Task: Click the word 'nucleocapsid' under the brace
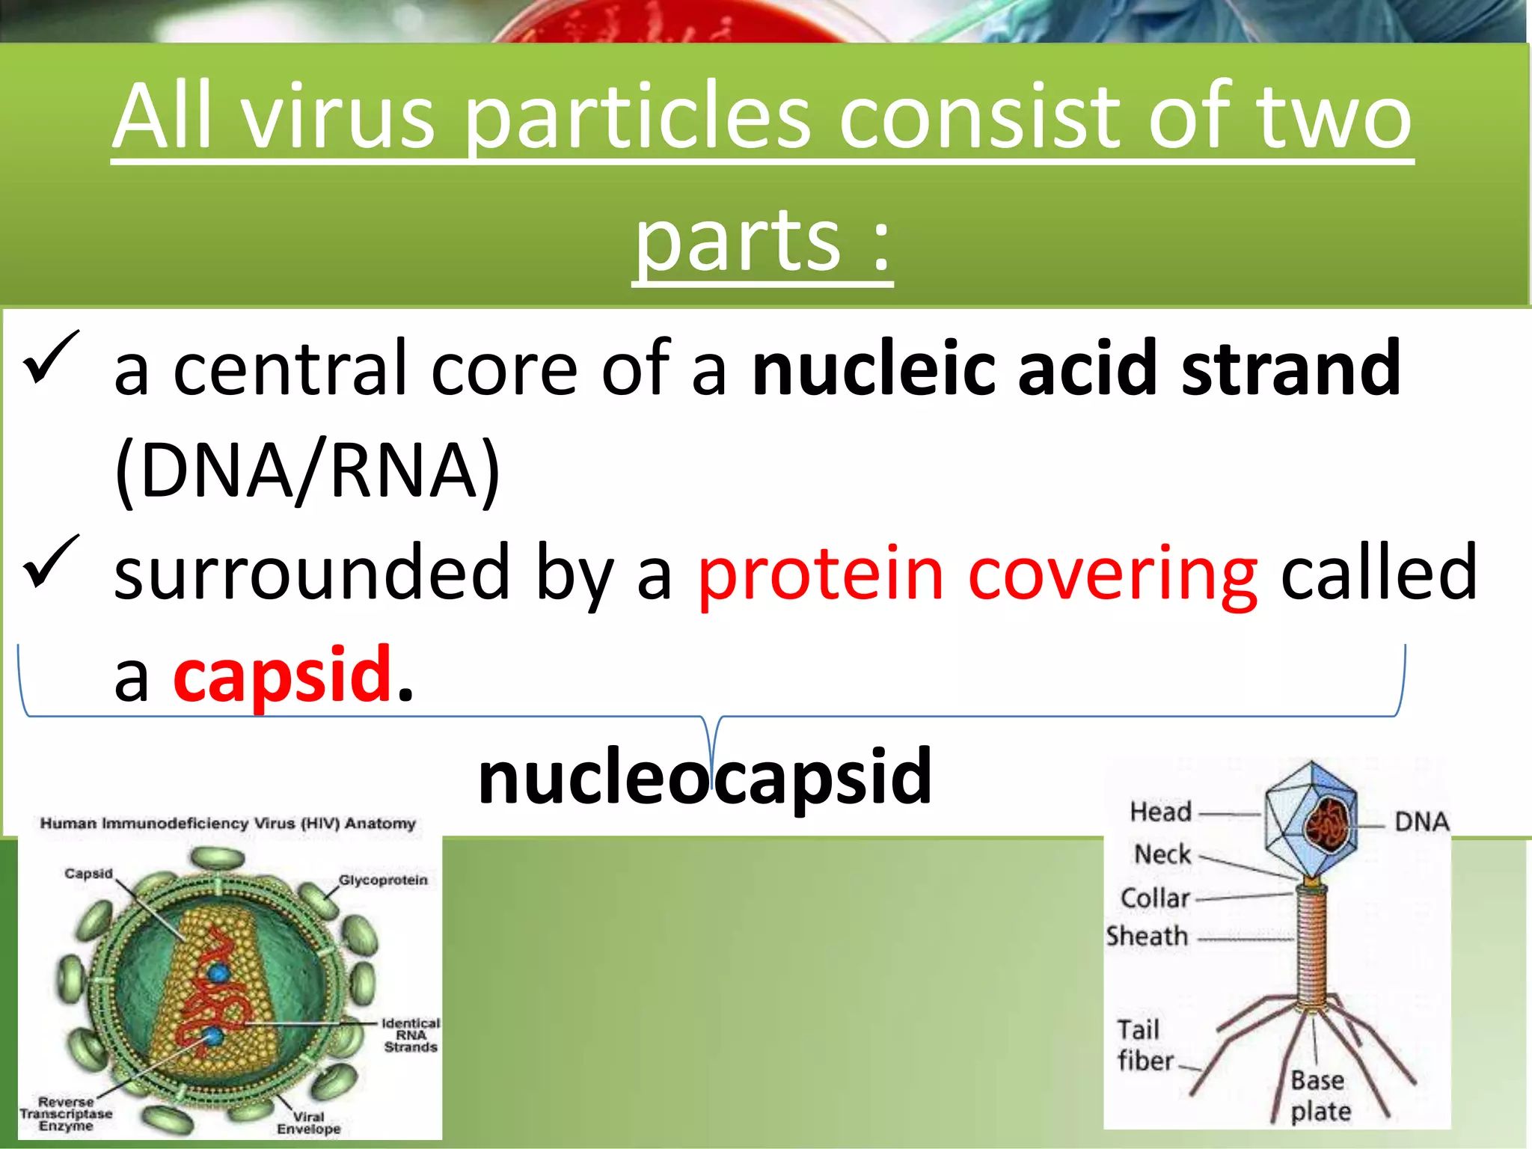click(x=705, y=778)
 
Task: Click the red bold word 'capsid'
click(x=283, y=675)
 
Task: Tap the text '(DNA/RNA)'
click(x=307, y=471)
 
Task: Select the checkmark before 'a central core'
click(x=51, y=358)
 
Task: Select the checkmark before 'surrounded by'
click(x=51, y=563)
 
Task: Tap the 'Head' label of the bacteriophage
click(x=1160, y=812)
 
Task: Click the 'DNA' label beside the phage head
click(x=1421, y=822)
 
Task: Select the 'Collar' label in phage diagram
click(x=1155, y=898)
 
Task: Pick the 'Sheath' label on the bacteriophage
click(x=1147, y=937)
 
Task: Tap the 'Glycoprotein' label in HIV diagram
click(x=383, y=880)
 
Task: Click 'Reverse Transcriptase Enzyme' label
click(x=66, y=1114)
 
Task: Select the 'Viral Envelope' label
click(x=308, y=1123)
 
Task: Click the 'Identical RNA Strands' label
click(x=411, y=1035)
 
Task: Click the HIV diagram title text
click(x=227, y=824)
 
